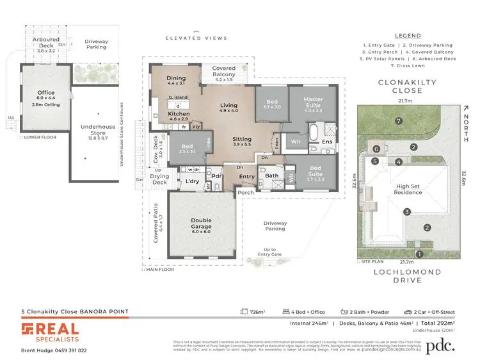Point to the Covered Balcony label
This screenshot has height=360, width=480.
coord(224,71)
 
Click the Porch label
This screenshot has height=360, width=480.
coord(245,191)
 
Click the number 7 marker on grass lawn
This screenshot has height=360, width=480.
coord(398,121)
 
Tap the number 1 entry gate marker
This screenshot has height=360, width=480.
coord(419,254)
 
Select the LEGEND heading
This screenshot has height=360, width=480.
coord(408,35)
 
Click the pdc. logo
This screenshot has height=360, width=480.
coord(440,345)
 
